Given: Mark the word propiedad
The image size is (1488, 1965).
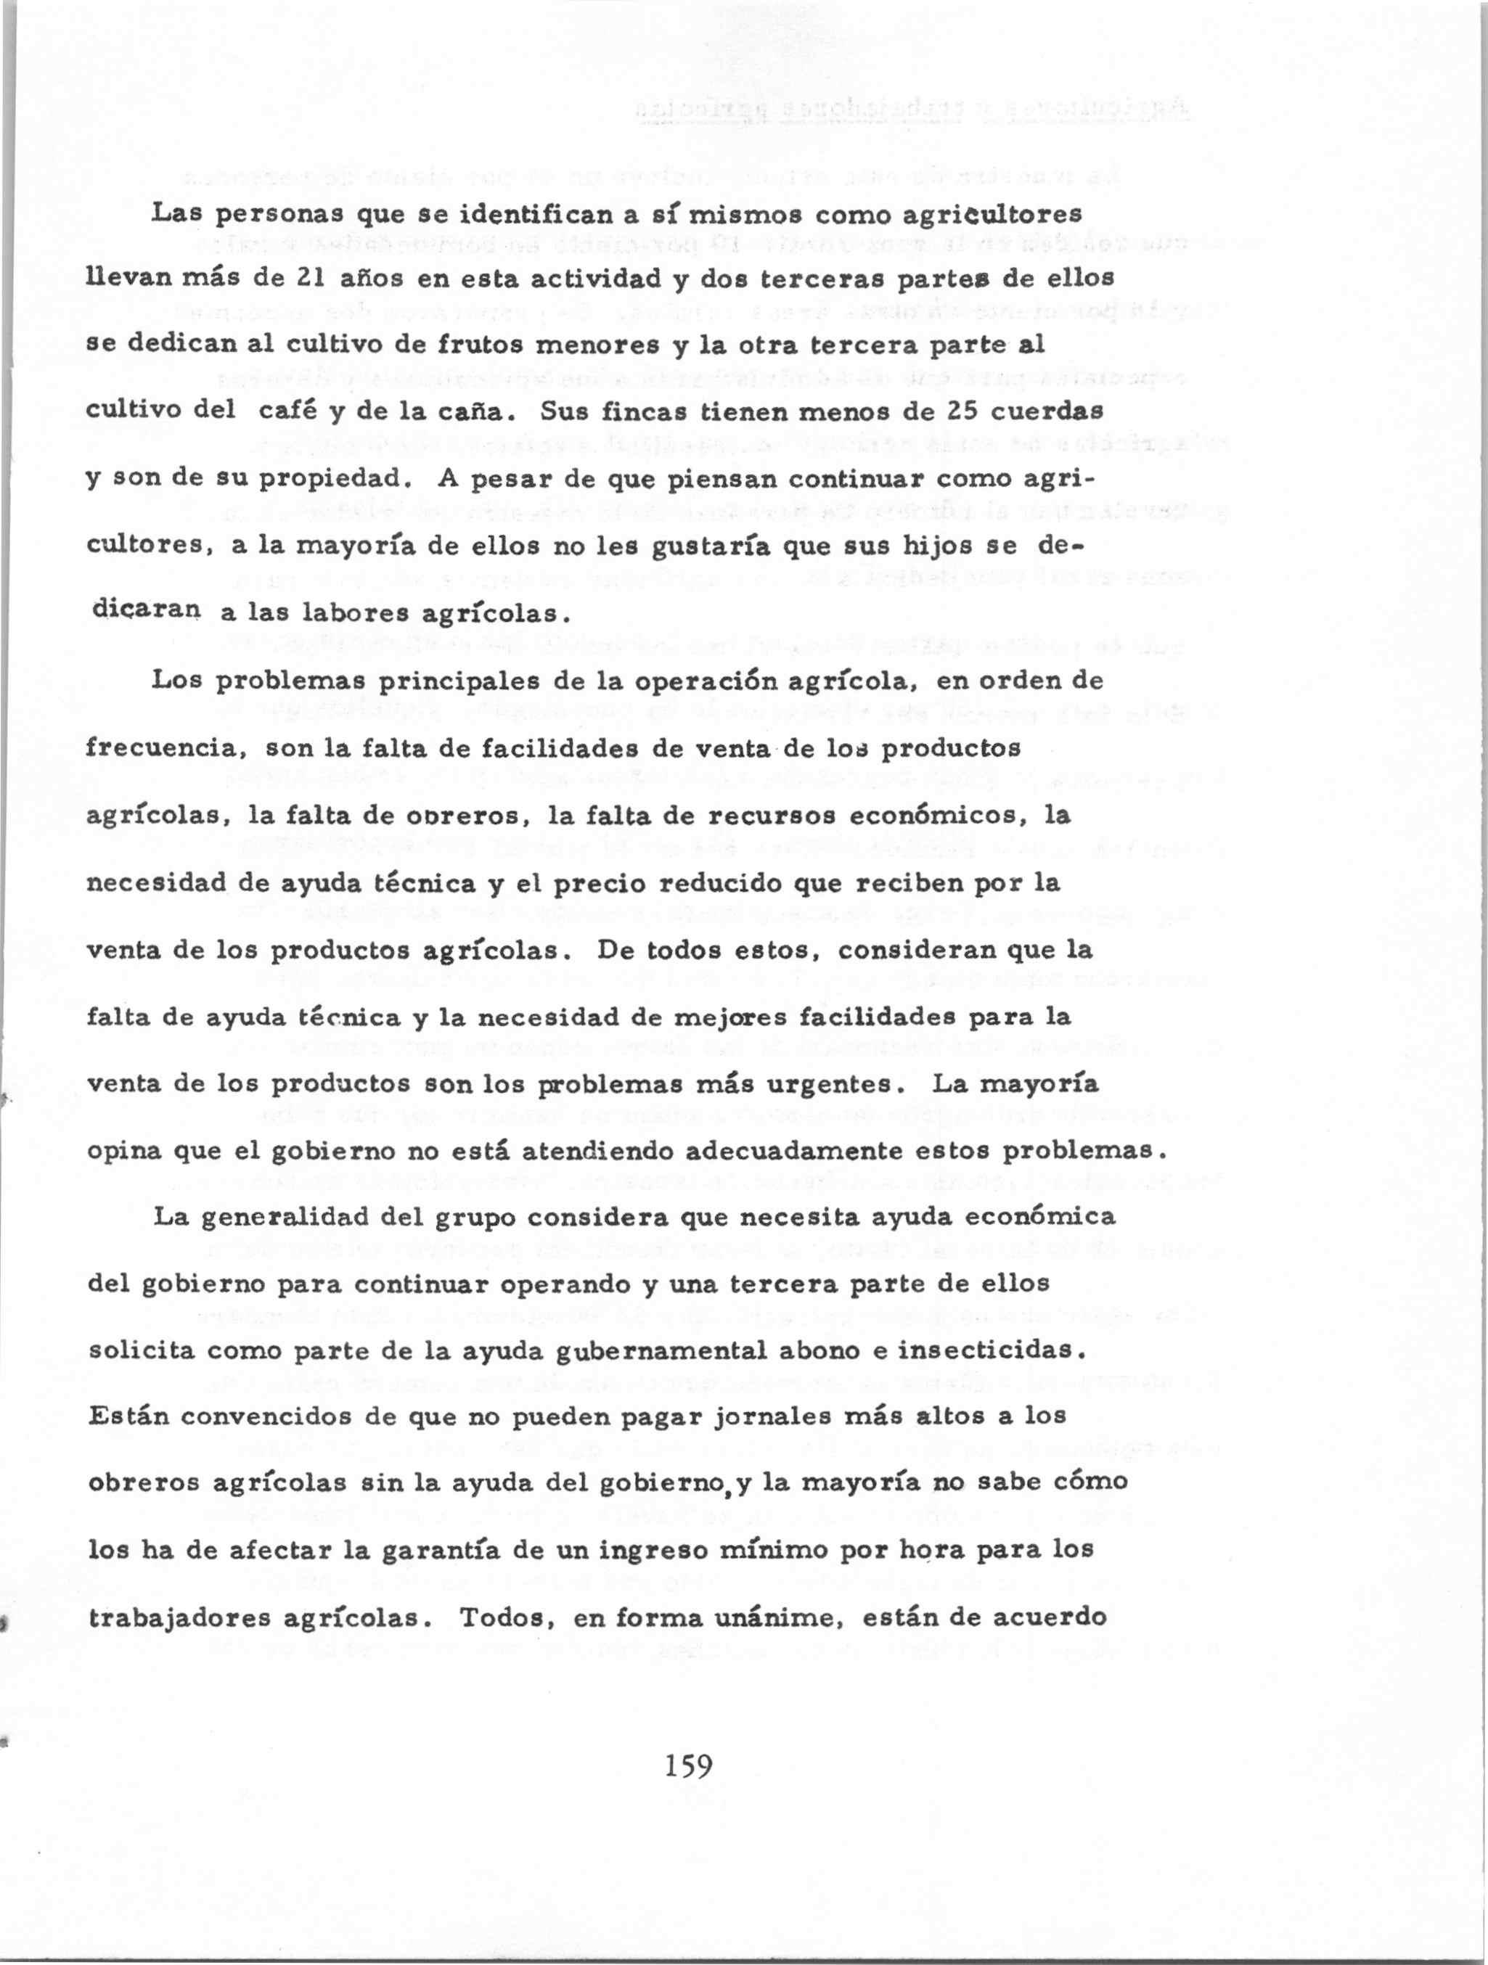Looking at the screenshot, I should click(x=338, y=480).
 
